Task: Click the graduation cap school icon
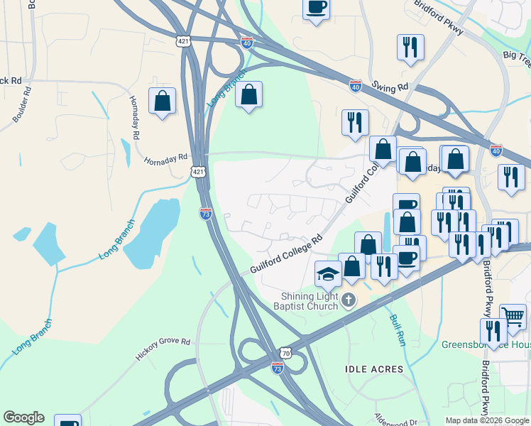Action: click(x=329, y=273)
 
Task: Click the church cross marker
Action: click(x=348, y=300)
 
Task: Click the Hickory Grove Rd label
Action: click(x=165, y=349)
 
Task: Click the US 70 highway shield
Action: click(x=285, y=352)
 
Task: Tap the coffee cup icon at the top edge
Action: click(x=316, y=9)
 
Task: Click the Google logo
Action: click(x=23, y=417)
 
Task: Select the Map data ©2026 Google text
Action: click(x=487, y=420)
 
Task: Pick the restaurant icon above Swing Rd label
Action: click(x=410, y=48)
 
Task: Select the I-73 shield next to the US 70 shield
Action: click(x=277, y=367)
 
